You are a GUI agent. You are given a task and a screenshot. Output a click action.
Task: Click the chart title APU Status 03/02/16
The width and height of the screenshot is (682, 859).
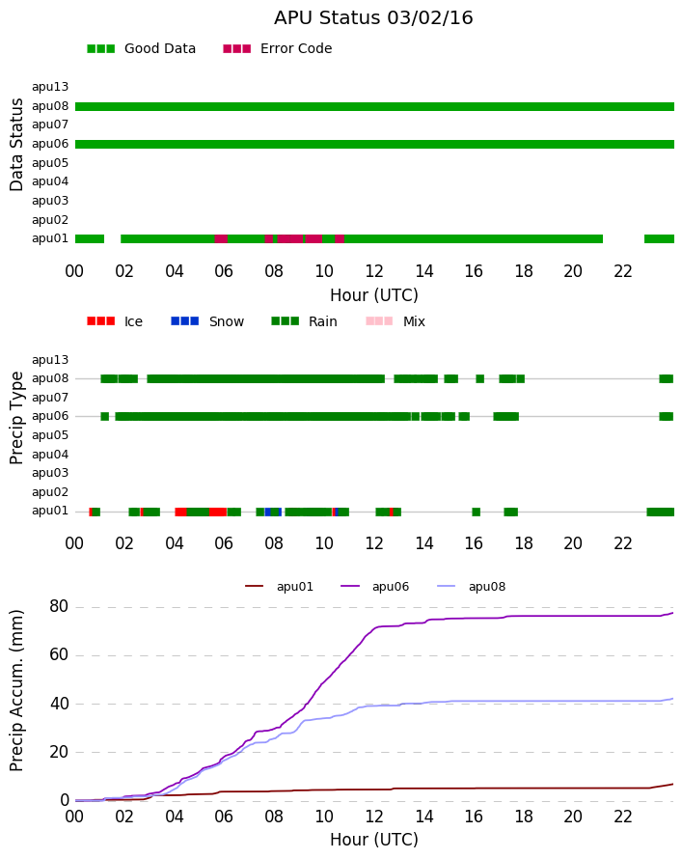[x=373, y=17]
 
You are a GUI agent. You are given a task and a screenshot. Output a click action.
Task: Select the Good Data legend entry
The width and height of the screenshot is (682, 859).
[x=141, y=49]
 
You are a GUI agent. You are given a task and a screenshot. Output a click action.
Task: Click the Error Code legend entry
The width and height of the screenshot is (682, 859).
[x=278, y=49]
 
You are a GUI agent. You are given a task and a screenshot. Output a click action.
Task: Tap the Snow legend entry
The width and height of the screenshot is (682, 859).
[x=207, y=321]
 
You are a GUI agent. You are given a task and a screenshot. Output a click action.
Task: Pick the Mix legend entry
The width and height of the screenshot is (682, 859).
[x=396, y=321]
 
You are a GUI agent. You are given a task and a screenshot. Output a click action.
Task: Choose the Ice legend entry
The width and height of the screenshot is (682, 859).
[x=115, y=321]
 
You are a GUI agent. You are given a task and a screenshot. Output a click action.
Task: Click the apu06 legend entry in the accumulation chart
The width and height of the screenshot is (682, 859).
[x=375, y=587]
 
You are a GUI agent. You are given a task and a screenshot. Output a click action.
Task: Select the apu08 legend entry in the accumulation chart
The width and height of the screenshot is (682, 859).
[x=472, y=587]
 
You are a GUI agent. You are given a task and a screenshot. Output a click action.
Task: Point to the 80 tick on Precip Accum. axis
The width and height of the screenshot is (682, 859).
[x=59, y=606]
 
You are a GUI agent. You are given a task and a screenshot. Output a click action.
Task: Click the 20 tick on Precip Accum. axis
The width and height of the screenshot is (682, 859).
[x=59, y=752]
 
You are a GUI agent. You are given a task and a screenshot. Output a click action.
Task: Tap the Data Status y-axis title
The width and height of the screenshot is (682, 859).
[x=16, y=145]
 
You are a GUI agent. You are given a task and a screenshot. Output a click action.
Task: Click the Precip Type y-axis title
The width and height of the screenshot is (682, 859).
[x=16, y=418]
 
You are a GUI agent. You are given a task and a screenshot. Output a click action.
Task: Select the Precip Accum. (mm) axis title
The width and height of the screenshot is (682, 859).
[x=16, y=691]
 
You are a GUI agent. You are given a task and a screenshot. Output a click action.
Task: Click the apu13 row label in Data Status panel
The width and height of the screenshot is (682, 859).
[x=50, y=87]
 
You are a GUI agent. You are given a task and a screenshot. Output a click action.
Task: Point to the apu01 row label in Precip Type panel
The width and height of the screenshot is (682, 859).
[x=50, y=511]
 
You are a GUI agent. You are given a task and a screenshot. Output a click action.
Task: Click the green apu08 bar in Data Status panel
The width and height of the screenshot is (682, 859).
[x=374, y=107]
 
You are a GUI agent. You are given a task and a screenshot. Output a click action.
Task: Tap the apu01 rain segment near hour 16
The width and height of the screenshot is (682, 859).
[x=477, y=513]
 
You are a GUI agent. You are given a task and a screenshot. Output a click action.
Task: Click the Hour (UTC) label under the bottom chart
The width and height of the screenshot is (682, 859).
[x=374, y=840]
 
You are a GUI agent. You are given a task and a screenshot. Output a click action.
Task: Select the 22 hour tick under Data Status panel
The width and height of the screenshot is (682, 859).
[x=623, y=271]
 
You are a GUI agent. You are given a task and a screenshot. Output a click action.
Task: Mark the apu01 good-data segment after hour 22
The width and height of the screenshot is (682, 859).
[x=659, y=238]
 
